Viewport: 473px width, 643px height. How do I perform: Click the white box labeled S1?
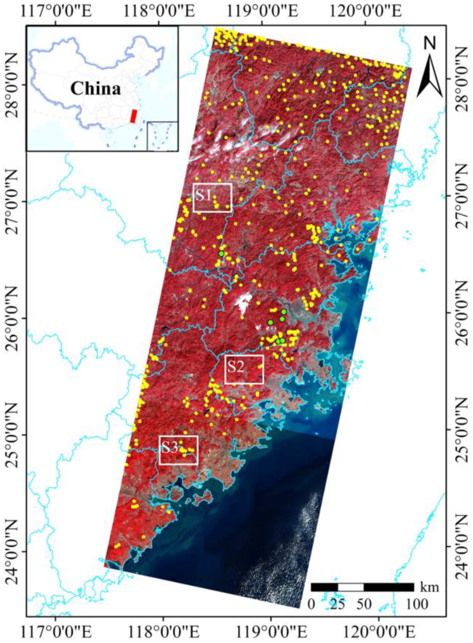point(212,198)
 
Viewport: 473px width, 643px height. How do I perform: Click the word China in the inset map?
point(96,89)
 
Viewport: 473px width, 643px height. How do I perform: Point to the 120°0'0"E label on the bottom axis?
point(379,632)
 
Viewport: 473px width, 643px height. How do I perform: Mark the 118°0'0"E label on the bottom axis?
point(163,632)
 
